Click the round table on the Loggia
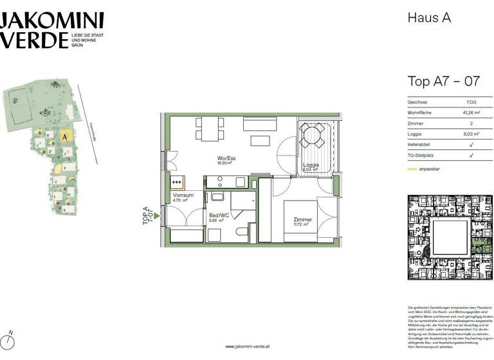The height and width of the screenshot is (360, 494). (313, 136)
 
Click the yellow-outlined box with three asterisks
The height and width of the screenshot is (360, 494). (177, 182)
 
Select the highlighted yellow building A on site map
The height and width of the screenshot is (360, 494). (65, 136)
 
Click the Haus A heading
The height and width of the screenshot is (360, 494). (429, 18)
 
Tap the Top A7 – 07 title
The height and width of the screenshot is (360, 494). (443, 81)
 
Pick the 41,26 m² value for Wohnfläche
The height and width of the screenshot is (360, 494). (471, 113)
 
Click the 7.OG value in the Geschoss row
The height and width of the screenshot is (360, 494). (471, 102)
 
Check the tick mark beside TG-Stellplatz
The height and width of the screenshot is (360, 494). (471, 156)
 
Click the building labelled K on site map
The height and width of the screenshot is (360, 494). (64, 209)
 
